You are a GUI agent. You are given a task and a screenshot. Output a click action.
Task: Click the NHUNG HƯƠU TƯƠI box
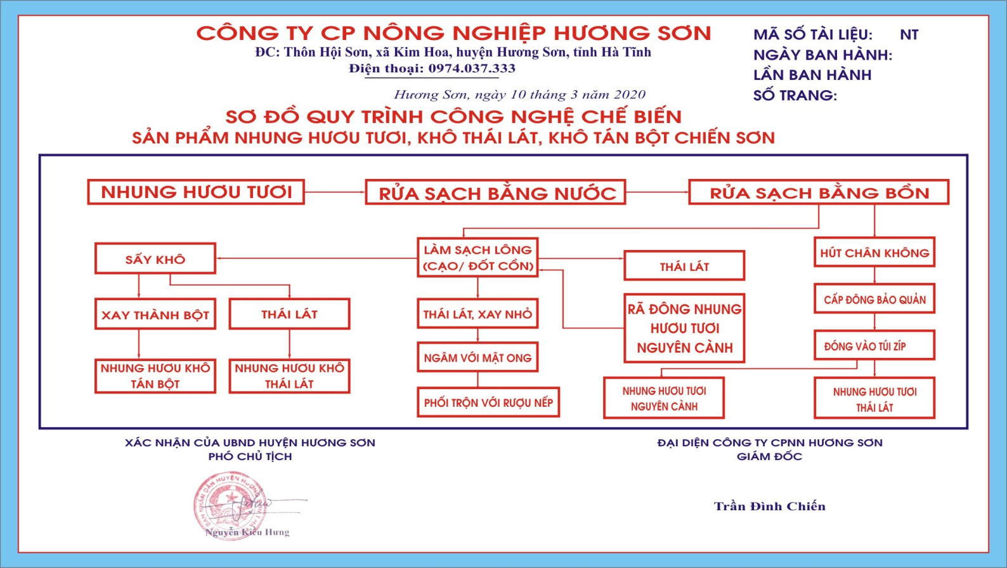[196, 192]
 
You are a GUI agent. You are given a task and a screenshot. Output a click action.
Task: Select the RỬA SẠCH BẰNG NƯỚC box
[495, 193]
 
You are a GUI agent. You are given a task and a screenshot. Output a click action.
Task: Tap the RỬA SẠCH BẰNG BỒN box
[819, 193]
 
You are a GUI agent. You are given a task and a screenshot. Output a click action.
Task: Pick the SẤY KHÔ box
[155, 258]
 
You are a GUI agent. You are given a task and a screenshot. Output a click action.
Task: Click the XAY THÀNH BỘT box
[155, 314]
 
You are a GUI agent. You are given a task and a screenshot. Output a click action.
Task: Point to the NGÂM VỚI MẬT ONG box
[478, 357]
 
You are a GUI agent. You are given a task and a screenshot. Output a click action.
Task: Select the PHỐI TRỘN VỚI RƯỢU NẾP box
[488, 402]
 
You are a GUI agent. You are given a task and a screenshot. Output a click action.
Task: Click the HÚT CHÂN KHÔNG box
[874, 252]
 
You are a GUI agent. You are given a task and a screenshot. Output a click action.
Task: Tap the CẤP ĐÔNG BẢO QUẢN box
[874, 299]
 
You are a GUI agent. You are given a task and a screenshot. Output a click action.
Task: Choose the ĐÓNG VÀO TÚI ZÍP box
[874, 345]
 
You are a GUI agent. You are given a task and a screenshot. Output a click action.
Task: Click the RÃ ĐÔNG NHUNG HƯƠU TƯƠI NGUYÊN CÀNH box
[684, 328]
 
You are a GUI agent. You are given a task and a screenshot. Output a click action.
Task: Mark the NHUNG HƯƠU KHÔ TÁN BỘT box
[155, 376]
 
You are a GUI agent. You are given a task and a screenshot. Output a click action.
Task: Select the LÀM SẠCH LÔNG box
[478, 258]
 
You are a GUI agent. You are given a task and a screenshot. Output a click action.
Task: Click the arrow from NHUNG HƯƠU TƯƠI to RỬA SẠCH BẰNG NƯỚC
[335, 192]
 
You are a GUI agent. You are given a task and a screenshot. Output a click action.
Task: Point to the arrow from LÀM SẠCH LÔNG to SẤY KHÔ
[316, 258]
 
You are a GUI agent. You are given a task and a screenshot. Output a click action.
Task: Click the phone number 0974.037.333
[472, 69]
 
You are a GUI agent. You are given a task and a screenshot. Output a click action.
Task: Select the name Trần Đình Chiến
[769, 506]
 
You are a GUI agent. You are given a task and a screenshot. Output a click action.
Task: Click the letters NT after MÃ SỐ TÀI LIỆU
[909, 35]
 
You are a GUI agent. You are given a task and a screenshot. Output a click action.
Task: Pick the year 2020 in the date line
[629, 95]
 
